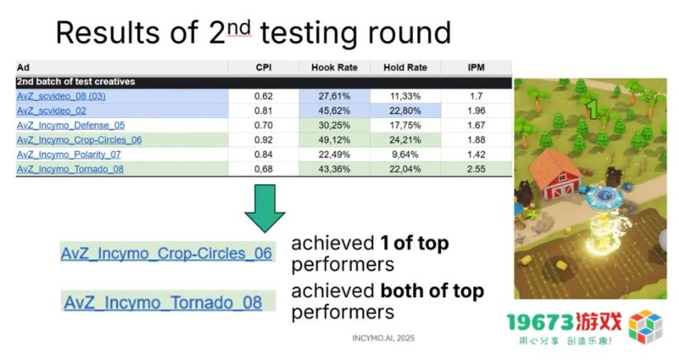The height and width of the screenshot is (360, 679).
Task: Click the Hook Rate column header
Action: pyautogui.click(x=335, y=68)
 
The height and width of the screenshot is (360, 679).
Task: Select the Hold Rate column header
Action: pyautogui.click(x=406, y=68)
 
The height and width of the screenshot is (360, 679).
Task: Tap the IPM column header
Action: pyautogui.click(x=476, y=68)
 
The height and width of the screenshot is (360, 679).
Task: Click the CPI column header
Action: pyautogui.click(x=264, y=68)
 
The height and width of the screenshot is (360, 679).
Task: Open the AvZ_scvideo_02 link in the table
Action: pyautogui.click(x=51, y=111)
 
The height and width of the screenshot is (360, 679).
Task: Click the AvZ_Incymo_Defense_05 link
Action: pyautogui.click(x=70, y=126)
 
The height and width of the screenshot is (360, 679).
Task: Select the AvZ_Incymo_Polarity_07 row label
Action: pyautogui.click(x=69, y=154)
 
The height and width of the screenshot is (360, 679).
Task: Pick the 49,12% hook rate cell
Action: pyautogui.click(x=335, y=140)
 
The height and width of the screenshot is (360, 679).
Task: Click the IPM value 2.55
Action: pyautogui.click(x=476, y=169)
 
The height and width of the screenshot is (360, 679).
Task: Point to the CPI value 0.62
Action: pyautogui.click(x=264, y=96)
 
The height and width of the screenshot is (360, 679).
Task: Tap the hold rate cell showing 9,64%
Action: pyautogui.click(x=406, y=154)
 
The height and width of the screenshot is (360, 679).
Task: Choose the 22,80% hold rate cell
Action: pyautogui.click(x=406, y=111)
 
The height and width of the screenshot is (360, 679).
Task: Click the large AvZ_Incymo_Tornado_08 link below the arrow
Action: pyautogui.click(x=163, y=302)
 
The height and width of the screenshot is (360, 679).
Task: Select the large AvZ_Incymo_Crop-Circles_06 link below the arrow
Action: pyautogui.click(x=166, y=253)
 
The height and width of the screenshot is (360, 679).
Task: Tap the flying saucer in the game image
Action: pyautogui.click(x=604, y=196)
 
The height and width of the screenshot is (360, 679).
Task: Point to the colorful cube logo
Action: pyautogui.click(x=646, y=327)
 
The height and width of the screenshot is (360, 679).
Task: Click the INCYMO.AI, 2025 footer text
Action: pyautogui.click(x=383, y=338)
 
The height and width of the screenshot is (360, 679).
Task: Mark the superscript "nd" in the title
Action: pyautogui.click(x=239, y=28)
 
